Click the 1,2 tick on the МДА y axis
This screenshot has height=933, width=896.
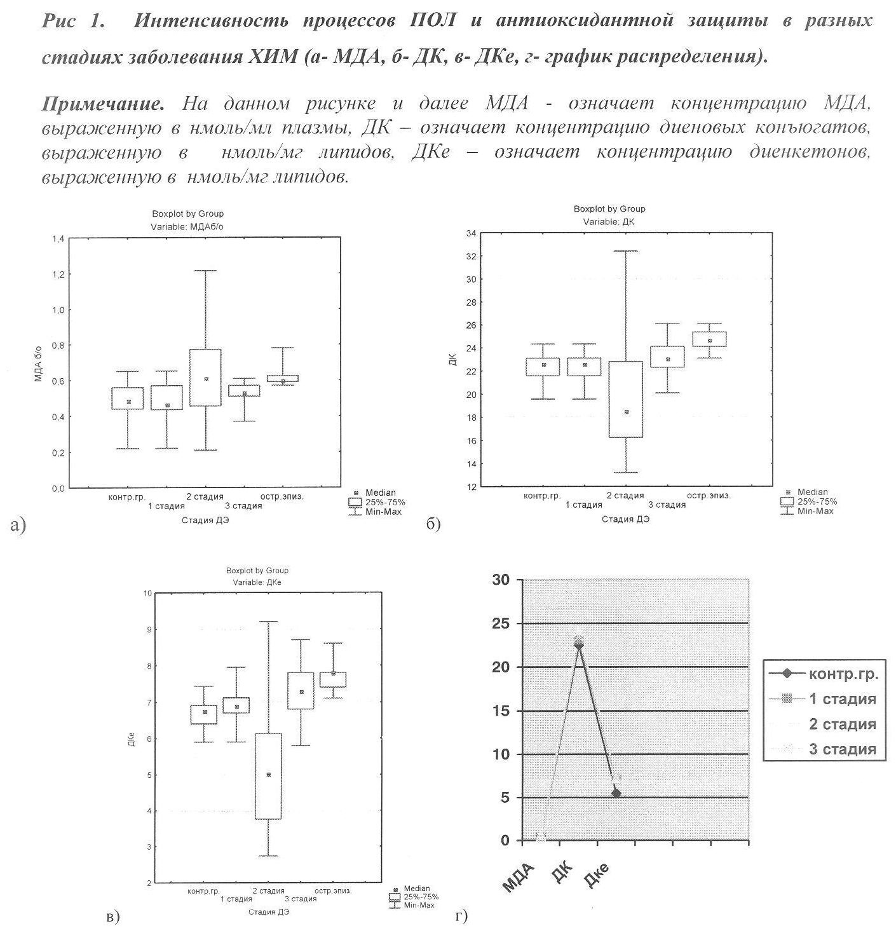point(58,275)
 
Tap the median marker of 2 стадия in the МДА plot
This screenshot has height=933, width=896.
point(206,379)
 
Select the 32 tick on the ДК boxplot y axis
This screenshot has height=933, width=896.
point(471,256)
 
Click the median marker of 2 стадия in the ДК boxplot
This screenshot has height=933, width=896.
point(626,412)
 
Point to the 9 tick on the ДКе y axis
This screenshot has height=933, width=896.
point(148,629)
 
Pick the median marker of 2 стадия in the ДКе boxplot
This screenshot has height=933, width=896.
point(268,775)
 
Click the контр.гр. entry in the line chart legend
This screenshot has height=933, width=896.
point(843,674)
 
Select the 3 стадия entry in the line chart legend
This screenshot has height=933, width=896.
point(842,749)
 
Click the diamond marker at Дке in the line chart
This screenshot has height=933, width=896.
point(616,793)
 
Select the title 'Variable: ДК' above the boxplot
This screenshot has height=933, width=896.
point(609,222)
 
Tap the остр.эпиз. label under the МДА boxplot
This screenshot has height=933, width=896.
point(282,496)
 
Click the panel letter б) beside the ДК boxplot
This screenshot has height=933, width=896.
point(433,524)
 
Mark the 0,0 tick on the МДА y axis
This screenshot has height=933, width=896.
point(58,488)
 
